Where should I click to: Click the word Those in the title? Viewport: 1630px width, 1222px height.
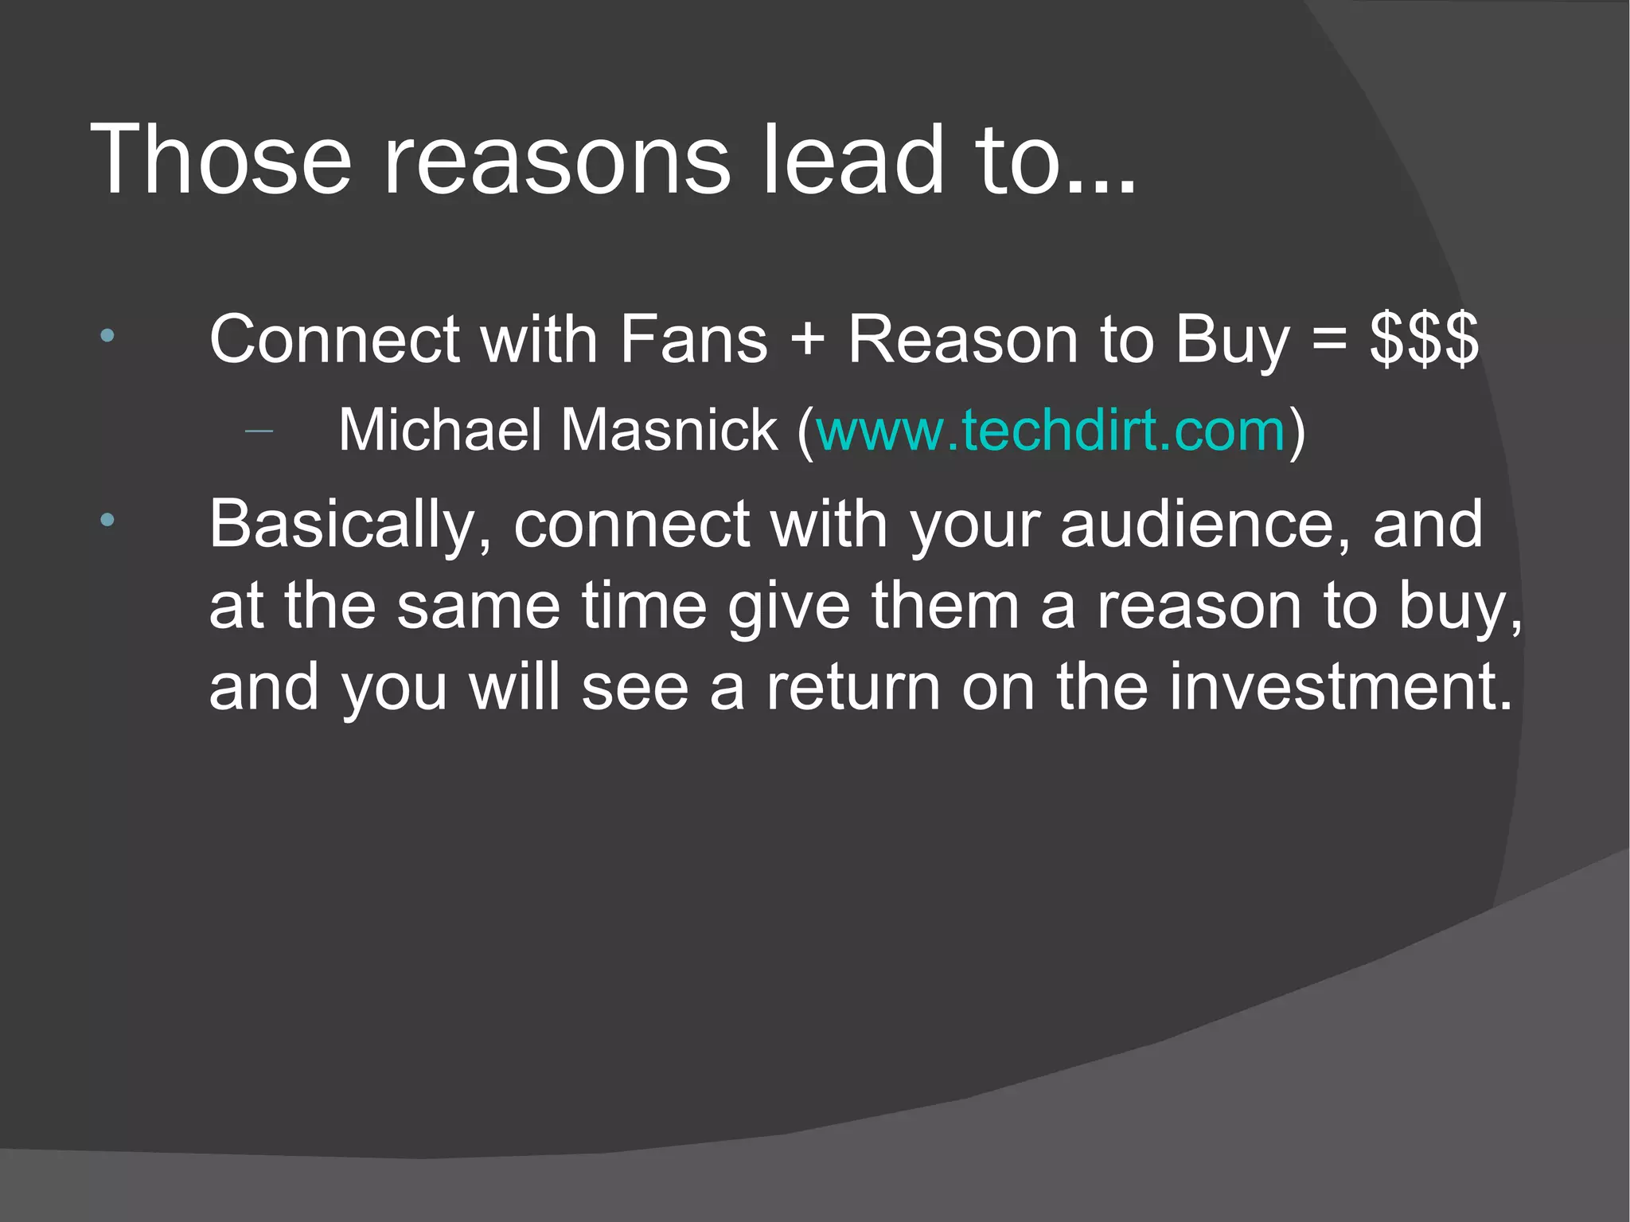click(221, 159)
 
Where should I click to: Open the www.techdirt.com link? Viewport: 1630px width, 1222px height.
click(1051, 431)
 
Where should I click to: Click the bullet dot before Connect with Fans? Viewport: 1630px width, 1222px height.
click(107, 336)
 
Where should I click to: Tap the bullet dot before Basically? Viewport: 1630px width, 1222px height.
click(107, 521)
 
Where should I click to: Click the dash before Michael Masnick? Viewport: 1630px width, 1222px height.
click(259, 432)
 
